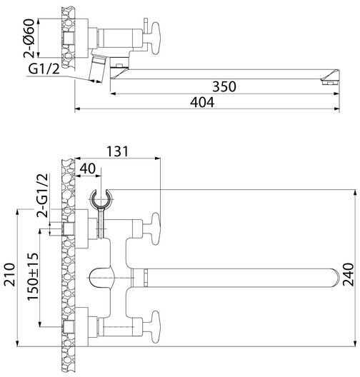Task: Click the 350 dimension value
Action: pos(224,86)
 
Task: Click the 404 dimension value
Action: pos(202,102)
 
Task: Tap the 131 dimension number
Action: pos(118,151)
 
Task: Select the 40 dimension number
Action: pos(88,169)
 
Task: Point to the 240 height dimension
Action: pos(349,274)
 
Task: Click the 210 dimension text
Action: pos(10,274)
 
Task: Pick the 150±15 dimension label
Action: pos(33,276)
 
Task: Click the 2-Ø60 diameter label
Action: pos(29,38)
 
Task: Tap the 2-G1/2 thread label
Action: pos(42,196)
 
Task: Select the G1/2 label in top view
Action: pos(44,69)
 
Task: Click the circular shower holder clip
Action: pos(101,198)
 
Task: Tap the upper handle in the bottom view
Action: pos(155,228)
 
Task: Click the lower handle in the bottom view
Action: pos(155,326)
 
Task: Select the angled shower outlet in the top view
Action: pos(98,69)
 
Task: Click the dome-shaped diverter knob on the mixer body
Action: pos(101,278)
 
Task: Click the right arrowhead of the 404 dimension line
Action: pos(337,109)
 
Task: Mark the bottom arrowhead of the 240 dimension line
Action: pos(355,343)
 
